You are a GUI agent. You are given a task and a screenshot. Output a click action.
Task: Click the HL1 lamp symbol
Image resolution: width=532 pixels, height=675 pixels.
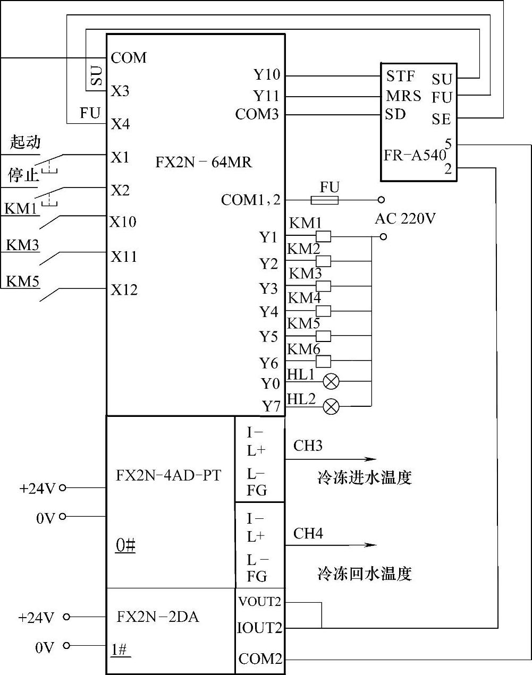click(x=331, y=381)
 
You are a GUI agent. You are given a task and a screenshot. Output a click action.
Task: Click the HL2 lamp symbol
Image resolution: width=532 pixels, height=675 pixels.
click(x=331, y=406)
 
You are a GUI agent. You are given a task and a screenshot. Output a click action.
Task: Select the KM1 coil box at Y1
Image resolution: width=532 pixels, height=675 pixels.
click(x=323, y=236)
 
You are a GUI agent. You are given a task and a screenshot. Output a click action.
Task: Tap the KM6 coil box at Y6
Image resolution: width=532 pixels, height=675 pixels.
click(x=323, y=361)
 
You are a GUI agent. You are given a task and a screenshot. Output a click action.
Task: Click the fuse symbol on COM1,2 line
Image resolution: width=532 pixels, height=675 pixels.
click(x=325, y=200)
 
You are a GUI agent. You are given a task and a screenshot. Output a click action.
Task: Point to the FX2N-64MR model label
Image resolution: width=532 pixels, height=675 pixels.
click(x=204, y=162)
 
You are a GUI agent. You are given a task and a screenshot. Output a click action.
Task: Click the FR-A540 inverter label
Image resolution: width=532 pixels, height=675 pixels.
click(x=415, y=155)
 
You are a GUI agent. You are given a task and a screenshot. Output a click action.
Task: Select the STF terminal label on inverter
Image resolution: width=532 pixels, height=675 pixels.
click(x=401, y=76)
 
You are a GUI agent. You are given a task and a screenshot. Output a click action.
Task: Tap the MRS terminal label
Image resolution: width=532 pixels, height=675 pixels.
click(x=403, y=96)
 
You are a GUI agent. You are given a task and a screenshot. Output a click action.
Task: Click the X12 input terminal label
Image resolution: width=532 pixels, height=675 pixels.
click(x=124, y=289)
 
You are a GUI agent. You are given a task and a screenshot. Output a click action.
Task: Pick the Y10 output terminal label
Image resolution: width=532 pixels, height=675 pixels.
click(x=267, y=75)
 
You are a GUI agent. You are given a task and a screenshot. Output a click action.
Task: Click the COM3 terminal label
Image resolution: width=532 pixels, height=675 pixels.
click(x=257, y=114)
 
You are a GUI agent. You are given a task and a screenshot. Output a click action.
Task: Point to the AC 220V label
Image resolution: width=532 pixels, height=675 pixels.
click(x=405, y=218)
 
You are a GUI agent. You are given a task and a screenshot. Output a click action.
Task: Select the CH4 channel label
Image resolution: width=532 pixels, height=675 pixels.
click(x=308, y=533)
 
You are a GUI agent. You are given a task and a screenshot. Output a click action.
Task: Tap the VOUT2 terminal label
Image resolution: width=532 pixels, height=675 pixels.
click(x=259, y=602)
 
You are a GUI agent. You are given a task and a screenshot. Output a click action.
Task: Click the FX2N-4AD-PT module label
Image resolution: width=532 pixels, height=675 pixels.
click(x=168, y=475)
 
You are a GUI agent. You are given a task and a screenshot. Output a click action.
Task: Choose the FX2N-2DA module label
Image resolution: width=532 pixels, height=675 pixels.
click(x=158, y=617)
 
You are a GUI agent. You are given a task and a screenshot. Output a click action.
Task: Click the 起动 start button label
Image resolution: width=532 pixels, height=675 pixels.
click(x=25, y=142)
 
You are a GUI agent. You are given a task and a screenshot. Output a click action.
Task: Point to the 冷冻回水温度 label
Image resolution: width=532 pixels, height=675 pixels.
click(x=365, y=574)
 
